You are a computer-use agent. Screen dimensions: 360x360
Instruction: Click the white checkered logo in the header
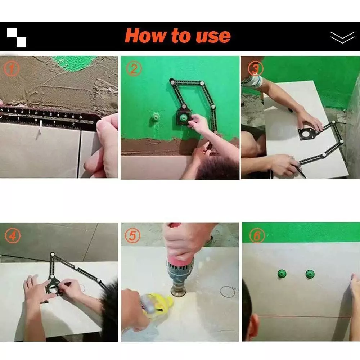[17, 37]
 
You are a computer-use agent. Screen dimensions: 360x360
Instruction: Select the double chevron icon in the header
[342, 37]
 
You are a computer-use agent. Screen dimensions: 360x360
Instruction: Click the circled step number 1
[12, 69]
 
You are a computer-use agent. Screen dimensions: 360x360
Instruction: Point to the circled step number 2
[134, 68]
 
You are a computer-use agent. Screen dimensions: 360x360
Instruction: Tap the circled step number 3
[256, 69]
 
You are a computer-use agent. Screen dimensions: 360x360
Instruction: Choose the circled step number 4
[13, 235]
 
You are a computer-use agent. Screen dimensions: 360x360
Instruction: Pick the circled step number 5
[132, 235]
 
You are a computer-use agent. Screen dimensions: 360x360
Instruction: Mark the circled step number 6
[257, 235]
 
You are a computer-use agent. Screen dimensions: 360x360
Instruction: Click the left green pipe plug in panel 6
[282, 274]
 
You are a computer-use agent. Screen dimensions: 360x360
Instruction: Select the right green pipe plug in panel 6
[310, 274]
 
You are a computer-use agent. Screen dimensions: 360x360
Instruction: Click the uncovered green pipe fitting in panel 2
[156, 118]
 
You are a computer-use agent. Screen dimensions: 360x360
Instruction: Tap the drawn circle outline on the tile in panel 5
[227, 292]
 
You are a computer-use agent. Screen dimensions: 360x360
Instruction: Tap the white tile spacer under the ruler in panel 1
[40, 126]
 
